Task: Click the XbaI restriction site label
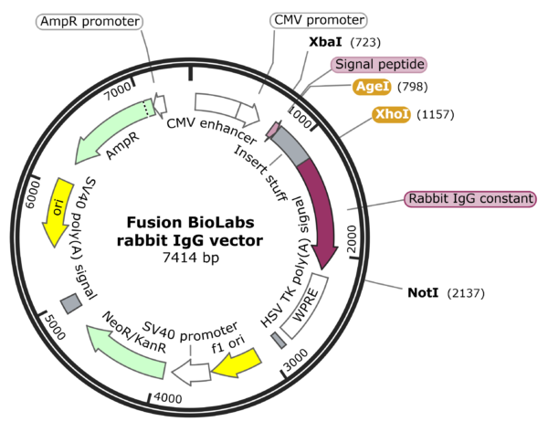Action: click(x=327, y=42)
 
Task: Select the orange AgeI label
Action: click(x=374, y=87)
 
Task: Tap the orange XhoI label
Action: click(x=392, y=114)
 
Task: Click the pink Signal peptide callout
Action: click(x=379, y=65)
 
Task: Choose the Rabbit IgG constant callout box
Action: click(x=469, y=199)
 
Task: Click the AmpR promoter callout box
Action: click(x=89, y=21)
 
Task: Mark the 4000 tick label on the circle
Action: click(x=167, y=398)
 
